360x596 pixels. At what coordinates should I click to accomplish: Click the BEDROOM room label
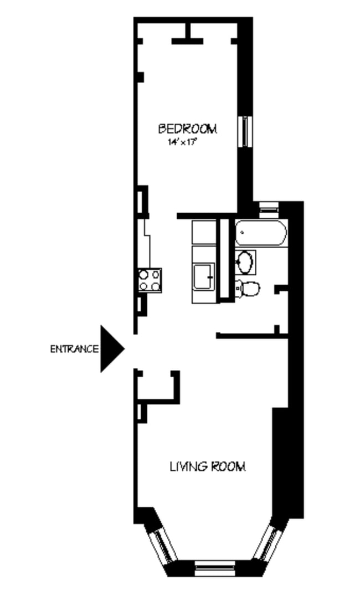pos(187,129)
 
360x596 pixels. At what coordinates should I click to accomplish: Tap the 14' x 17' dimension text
pos(183,142)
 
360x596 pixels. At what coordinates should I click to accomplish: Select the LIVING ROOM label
pos(208,466)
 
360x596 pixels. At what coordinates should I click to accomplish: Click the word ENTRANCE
pos(75,348)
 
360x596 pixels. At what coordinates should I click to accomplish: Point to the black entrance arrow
pos(110,348)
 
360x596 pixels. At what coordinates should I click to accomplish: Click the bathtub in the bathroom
pos(260,233)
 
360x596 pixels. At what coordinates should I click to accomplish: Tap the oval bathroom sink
pos(245,261)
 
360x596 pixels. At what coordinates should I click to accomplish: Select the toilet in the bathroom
pos(248,289)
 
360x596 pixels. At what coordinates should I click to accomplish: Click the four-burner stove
pos(150,280)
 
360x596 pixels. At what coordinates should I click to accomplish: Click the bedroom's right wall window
pos(245,131)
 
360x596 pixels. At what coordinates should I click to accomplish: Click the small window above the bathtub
pos(269,209)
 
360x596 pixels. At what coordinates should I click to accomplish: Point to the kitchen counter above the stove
pos(145,244)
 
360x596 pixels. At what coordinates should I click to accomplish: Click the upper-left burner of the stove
pos(143,274)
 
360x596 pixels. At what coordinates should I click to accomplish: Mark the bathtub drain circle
pos(242,232)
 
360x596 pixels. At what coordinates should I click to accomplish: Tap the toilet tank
pos(238,289)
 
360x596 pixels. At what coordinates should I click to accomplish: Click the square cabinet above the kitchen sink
pos(204,232)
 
